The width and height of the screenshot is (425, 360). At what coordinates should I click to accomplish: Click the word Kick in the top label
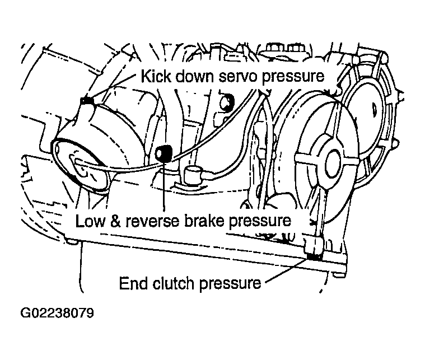coord(156,76)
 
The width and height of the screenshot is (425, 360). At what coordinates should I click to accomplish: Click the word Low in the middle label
coord(90,221)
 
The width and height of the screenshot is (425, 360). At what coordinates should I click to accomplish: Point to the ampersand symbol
coord(115,221)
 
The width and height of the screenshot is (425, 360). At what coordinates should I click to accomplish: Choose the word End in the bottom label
coord(134,283)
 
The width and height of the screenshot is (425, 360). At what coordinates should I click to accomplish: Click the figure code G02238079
coord(57,313)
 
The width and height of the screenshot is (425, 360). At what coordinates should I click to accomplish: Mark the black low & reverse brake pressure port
coord(164,154)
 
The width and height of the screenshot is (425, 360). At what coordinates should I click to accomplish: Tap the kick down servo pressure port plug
coord(87,101)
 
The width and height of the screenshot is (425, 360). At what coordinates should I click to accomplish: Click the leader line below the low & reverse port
coord(164,186)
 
